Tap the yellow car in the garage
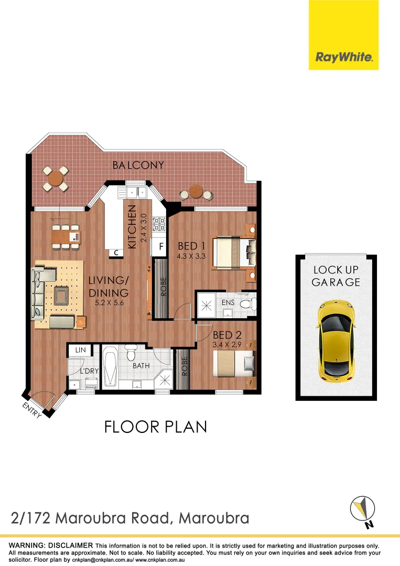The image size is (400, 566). coord(336,341)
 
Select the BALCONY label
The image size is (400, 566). coord(138,165)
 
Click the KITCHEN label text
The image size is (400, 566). coord(132,226)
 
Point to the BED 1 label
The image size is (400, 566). coord(191,246)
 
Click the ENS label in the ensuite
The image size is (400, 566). coord(228,302)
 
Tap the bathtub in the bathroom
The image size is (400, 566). coord(110,367)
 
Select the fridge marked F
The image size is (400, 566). coord(160,245)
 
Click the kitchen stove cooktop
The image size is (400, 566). coord(159,225)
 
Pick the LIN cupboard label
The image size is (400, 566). coord(80,350)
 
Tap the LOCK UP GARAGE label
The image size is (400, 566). coord(336,276)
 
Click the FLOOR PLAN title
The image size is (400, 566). coord(156,427)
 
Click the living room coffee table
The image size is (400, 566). coord(61,296)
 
